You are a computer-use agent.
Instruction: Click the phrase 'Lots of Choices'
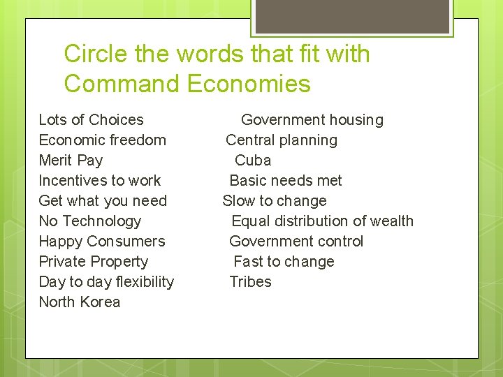pos(91,120)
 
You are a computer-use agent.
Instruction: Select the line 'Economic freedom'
pos(102,140)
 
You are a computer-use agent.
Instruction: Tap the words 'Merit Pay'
pos(71,161)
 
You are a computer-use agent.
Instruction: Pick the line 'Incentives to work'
pos(99,181)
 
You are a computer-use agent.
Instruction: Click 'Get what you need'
pos(103,201)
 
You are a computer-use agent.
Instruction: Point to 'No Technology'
pos(89,221)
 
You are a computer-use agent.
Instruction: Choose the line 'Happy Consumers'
pos(102,242)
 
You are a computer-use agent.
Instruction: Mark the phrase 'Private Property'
pos(93,262)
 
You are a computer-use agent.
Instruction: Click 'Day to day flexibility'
pos(106,282)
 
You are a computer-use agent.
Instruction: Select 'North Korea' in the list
pos(80,302)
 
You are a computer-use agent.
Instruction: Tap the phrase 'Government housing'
pos(312,120)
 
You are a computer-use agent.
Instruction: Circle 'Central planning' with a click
pos(282,140)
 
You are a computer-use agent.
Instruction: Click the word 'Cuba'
pos(253,161)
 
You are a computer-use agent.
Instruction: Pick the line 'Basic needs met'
pos(286,181)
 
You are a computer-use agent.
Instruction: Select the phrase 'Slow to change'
pos(275,201)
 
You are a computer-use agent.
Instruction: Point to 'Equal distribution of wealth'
pos(323,221)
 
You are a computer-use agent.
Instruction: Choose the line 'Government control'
pos(296,242)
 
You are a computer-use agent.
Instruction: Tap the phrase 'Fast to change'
pos(284,262)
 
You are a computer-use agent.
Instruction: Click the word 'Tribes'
pos(250,282)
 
